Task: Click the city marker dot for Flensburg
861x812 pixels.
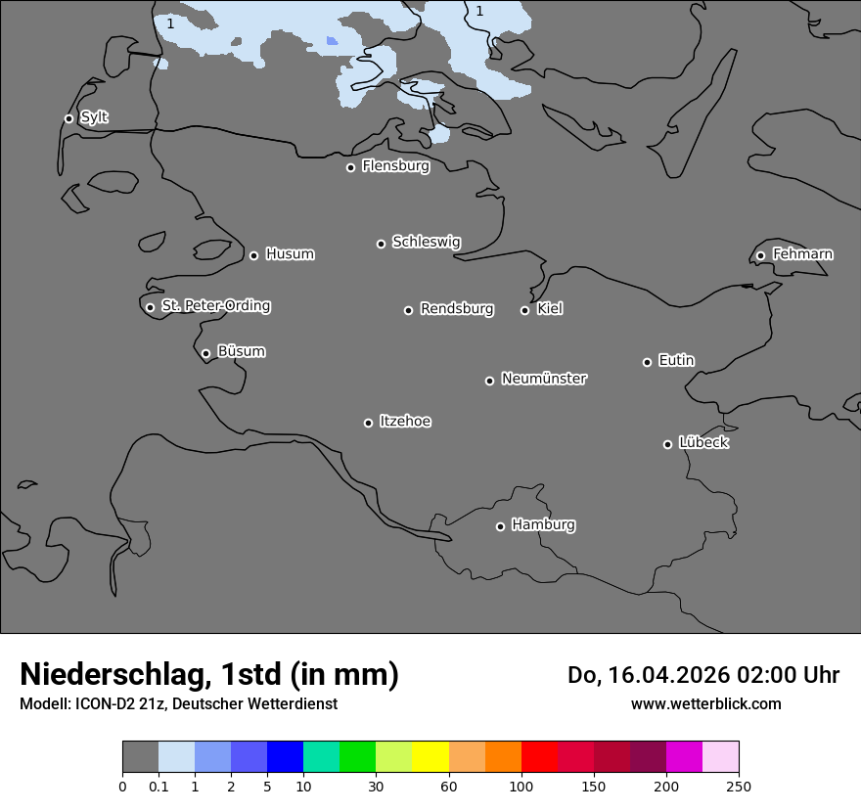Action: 350,167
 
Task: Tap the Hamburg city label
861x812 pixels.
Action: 543,525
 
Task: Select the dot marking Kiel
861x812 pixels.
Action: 524,310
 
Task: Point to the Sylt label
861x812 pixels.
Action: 94,117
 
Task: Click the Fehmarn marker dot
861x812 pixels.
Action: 760,255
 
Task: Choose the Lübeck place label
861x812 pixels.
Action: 703,443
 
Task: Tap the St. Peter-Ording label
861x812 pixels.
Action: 215,306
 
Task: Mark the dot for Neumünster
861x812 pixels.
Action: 489,381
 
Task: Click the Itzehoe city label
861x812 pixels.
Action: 405,422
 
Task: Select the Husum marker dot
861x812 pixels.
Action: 253,255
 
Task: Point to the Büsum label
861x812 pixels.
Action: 241,351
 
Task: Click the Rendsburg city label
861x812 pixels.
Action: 457,309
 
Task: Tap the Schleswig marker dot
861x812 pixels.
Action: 381,244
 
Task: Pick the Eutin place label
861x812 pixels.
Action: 676,361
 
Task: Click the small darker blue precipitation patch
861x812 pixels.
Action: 332,41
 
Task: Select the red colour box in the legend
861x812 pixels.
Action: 539,757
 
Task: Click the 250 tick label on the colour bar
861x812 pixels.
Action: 738,786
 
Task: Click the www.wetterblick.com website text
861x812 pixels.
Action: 705,704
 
